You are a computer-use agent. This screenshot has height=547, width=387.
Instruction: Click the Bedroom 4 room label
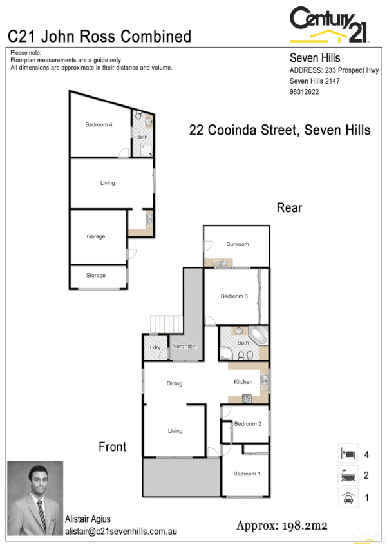point(99,125)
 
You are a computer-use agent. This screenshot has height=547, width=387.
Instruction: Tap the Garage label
point(96,236)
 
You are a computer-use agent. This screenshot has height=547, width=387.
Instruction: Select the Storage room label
point(96,276)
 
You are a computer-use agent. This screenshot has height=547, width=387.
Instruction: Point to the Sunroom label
point(237,244)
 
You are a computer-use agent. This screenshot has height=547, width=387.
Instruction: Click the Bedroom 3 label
point(234,296)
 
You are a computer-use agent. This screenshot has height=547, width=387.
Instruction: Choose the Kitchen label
point(243,382)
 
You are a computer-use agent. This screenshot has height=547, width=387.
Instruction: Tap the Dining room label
point(175,383)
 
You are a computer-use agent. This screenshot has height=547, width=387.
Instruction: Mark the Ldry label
point(155,348)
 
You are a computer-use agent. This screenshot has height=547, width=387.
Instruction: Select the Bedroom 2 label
point(247,424)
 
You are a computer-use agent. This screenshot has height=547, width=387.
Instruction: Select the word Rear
point(289,207)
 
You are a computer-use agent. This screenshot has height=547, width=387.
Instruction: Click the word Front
point(113,446)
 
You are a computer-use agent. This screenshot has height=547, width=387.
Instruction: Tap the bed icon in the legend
point(348,454)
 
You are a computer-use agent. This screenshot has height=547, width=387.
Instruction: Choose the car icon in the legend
point(348,497)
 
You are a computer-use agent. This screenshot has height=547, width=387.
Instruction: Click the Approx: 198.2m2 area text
point(282,525)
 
